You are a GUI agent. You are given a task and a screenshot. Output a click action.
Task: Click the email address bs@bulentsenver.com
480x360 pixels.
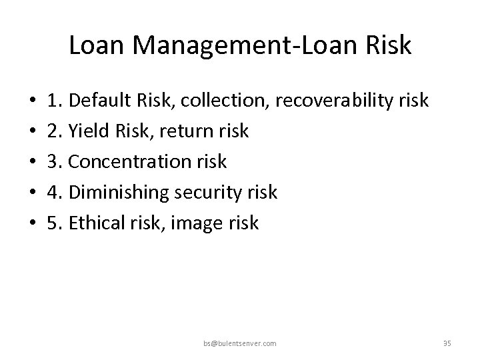click(239, 343)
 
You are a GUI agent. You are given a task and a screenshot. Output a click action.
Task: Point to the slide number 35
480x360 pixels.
click(447, 343)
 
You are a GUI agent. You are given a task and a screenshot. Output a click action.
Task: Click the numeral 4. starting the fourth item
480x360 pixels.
click(54, 193)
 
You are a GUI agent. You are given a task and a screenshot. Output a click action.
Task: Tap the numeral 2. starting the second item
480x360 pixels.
click(54, 131)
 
